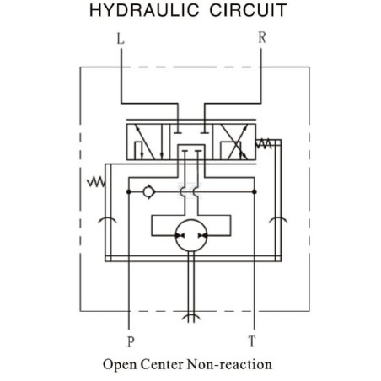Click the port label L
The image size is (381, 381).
point(121,39)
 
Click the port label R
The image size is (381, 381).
point(262,37)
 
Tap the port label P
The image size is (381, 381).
point(131,341)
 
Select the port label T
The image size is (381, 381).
point(252,341)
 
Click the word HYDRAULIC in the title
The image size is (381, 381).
point(144,10)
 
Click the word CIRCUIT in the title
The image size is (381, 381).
point(248,10)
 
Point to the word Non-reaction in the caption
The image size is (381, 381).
point(229,364)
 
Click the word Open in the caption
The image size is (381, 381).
point(120,365)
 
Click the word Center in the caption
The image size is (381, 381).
point(162,364)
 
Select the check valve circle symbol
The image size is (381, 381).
point(148,192)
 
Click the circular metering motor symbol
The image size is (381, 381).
point(191,235)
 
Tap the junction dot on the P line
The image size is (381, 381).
point(129,191)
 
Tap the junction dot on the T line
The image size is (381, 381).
point(255,191)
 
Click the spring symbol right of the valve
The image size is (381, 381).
point(264,143)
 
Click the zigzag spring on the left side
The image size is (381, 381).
point(96,182)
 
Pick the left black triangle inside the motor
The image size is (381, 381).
point(180,235)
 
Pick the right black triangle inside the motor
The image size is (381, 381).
point(202,235)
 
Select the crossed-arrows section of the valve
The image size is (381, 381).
point(234,142)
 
